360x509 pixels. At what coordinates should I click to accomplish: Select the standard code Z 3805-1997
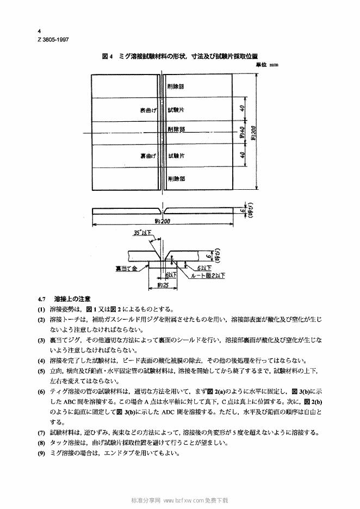pos(53,40)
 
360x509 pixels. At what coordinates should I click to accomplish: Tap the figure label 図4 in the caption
pos(107,56)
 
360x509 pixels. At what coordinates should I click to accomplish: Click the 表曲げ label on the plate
pos(148,110)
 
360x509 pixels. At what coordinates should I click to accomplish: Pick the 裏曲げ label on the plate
pos(148,156)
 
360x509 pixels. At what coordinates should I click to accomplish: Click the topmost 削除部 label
pos(176,86)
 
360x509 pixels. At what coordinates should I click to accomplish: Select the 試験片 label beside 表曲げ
pos(176,110)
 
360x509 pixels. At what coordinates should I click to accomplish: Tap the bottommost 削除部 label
pos(176,178)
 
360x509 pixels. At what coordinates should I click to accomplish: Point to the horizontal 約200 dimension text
pos(163,221)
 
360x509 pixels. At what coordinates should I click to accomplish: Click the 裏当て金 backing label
pos(125,268)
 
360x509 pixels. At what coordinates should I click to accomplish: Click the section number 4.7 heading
pos(43,299)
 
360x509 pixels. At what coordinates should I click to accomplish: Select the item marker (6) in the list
pos(41,392)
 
